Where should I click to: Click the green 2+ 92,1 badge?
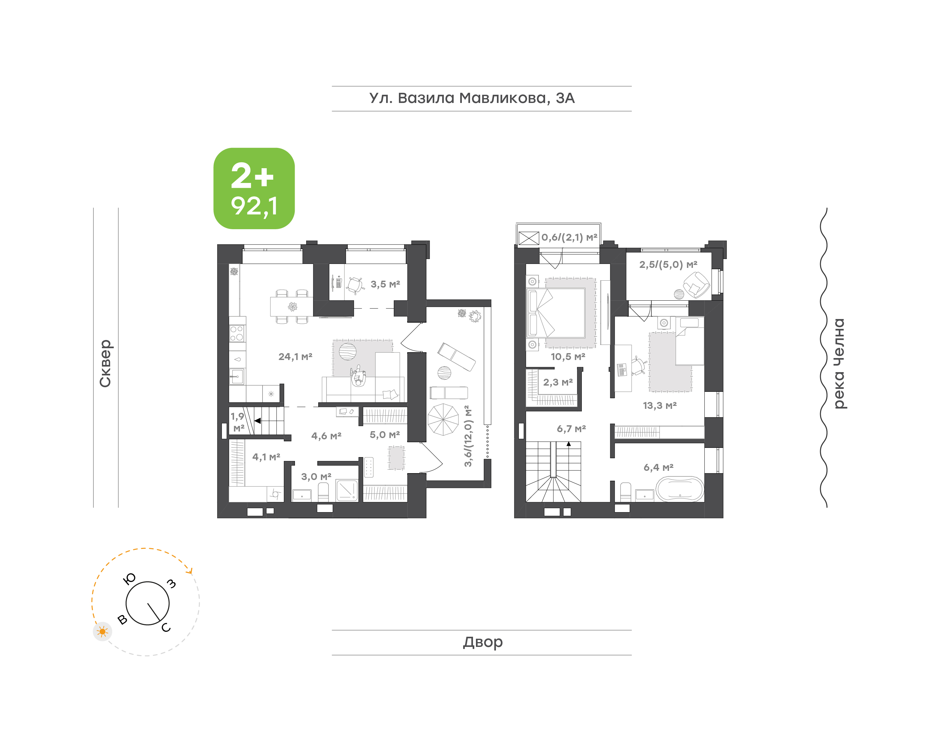coord(254,188)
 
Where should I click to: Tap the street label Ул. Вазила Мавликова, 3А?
coord(472,98)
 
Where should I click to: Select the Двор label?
coord(482,642)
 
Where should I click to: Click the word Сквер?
coord(105,363)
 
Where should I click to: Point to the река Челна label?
coord(839,364)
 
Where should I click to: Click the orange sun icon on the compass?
coord(102,631)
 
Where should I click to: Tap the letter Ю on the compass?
coord(129,579)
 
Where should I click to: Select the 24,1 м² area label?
coord(295,357)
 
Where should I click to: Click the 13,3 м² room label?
coord(659,406)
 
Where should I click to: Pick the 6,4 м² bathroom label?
coord(658,467)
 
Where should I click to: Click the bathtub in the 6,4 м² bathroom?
coord(679,489)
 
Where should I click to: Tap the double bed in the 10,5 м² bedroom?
coord(556,313)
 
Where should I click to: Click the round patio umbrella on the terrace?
coord(443,420)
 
